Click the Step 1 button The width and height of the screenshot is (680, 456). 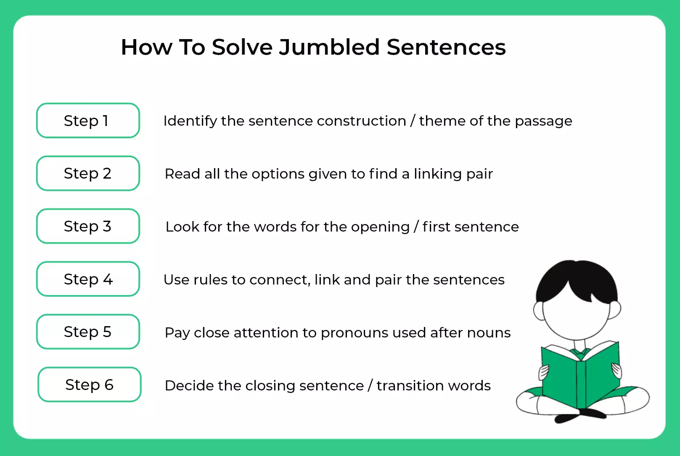[88, 121]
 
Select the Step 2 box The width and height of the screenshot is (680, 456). [88, 173]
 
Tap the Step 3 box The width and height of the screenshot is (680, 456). [88, 226]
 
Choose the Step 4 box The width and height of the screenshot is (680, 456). [88, 279]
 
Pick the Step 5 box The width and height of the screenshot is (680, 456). [88, 332]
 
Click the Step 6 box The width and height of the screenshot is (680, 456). [90, 385]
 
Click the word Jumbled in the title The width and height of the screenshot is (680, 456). [329, 47]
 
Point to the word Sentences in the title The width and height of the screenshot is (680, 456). [446, 47]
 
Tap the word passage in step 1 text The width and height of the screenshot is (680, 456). [543, 122]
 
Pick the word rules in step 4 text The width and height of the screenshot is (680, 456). [210, 280]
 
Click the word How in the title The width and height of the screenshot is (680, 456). [147, 47]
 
